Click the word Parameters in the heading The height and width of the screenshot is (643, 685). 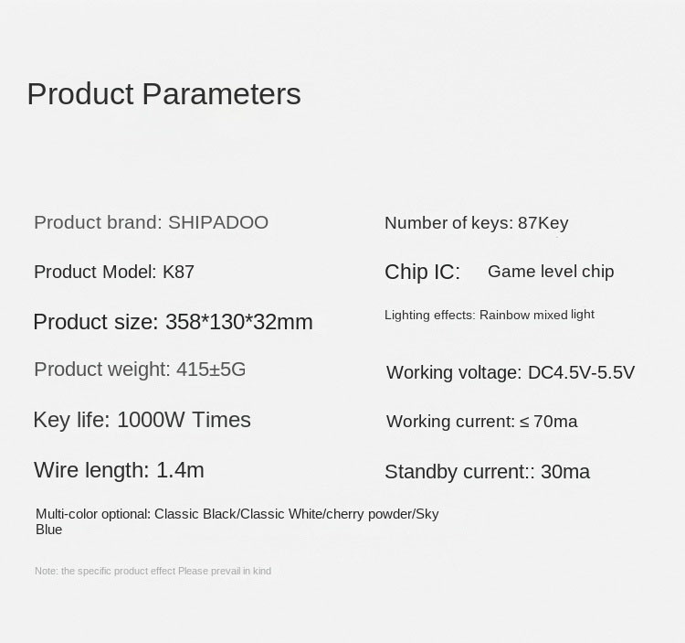tap(222, 93)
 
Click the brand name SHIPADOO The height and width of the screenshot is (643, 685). tap(218, 222)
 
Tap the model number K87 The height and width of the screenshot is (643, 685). tap(178, 272)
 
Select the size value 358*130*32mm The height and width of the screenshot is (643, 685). tap(239, 322)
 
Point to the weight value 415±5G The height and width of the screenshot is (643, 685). tap(211, 370)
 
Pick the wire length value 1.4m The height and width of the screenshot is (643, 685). tap(180, 470)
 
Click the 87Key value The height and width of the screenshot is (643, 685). tap(543, 223)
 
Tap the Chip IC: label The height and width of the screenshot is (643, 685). tap(423, 272)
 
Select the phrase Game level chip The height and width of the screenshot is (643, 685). tap(551, 272)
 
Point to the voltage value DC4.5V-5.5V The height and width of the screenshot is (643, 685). tap(581, 372)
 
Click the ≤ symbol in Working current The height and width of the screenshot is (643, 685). tap(524, 422)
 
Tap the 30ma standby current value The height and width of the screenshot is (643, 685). tap(565, 472)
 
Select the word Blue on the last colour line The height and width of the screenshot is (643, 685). tap(49, 530)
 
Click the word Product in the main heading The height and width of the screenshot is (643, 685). tap(80, 93)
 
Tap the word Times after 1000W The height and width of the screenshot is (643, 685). tap(222, 420)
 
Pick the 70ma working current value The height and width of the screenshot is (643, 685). tap(555, 422)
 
